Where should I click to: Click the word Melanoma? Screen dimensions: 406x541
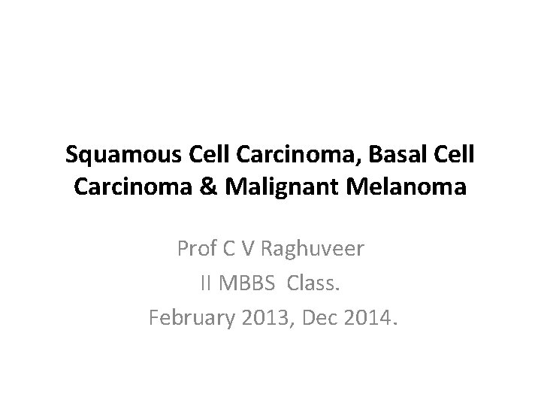pos(408,188)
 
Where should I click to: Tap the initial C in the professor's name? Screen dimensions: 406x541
pos(230,249)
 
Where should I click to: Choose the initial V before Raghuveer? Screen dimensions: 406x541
pos(249,249)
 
